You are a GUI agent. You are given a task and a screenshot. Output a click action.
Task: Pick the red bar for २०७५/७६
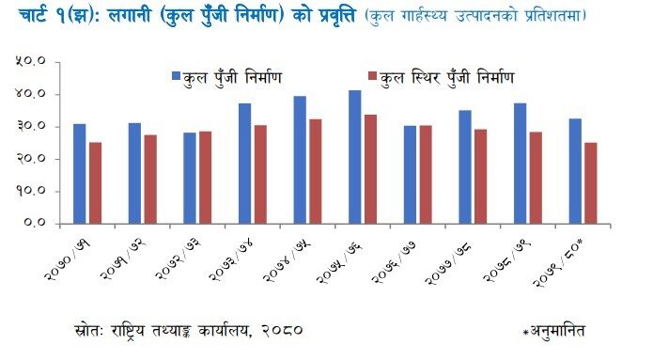(x=371, y=169)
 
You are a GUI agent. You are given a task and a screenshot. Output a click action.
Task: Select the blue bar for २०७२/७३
(x=190, y=178)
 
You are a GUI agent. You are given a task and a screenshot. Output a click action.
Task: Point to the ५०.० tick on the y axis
(x=33, y=63)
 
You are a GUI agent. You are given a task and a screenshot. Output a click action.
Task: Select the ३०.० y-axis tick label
(x=33, y=127)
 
